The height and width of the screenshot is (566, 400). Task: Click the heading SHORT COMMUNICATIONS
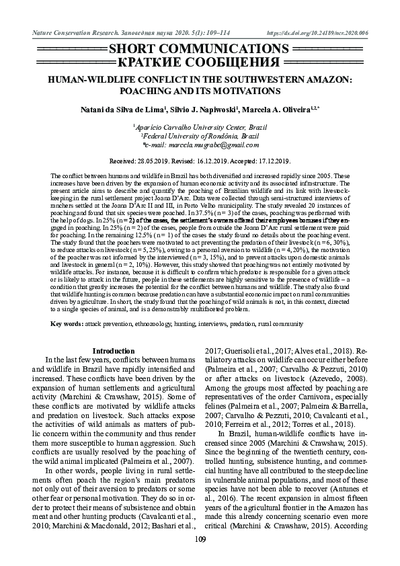(x=200, y=50)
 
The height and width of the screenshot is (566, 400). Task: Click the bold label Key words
(x=67, y=324)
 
